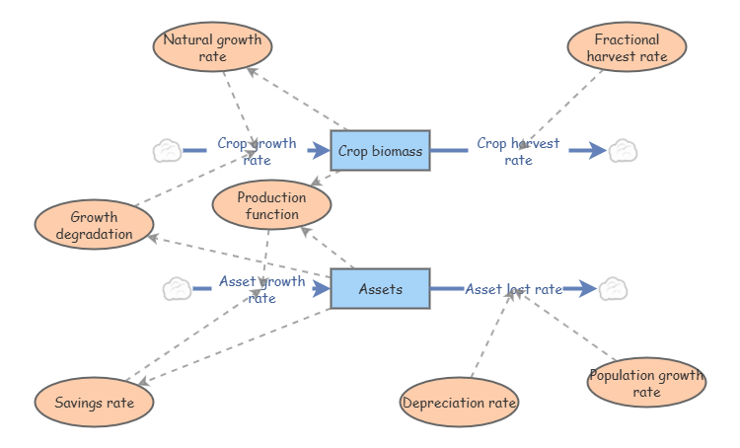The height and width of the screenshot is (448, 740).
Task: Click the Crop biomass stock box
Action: tap(380, 151)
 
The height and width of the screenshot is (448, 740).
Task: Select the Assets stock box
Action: tap(380, 289)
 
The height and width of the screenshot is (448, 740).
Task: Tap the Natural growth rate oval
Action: tap(213, 47)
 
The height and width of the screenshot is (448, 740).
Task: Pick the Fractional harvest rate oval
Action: tap(627, 47)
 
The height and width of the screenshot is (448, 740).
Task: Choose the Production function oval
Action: tap(271, 205)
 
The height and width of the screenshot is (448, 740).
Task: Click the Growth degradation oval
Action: tap(94, 225)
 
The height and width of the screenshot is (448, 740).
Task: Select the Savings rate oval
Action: tap(94, 402)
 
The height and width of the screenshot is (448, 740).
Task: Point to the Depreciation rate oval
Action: tap(459, 402)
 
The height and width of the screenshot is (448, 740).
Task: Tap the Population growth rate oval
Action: tap(646, 383)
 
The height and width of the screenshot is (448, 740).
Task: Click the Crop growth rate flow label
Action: tap(257, 151)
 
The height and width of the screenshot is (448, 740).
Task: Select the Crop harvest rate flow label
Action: tap(518, 151)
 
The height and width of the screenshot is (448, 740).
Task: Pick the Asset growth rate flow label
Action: tap(261, 289)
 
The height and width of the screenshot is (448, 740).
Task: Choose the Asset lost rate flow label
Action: tap(513, 289)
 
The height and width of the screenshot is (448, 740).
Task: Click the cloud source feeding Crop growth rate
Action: tap(167, 151)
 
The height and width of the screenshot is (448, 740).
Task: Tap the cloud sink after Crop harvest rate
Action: tap(622, 151)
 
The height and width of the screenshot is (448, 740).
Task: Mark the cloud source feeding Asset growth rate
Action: tap(177, 289)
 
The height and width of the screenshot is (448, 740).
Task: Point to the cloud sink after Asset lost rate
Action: tap(613, 289)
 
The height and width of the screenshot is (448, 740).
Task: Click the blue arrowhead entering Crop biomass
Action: tap(320, 151)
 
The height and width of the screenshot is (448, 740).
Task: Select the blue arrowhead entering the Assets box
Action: tap(320, 289)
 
